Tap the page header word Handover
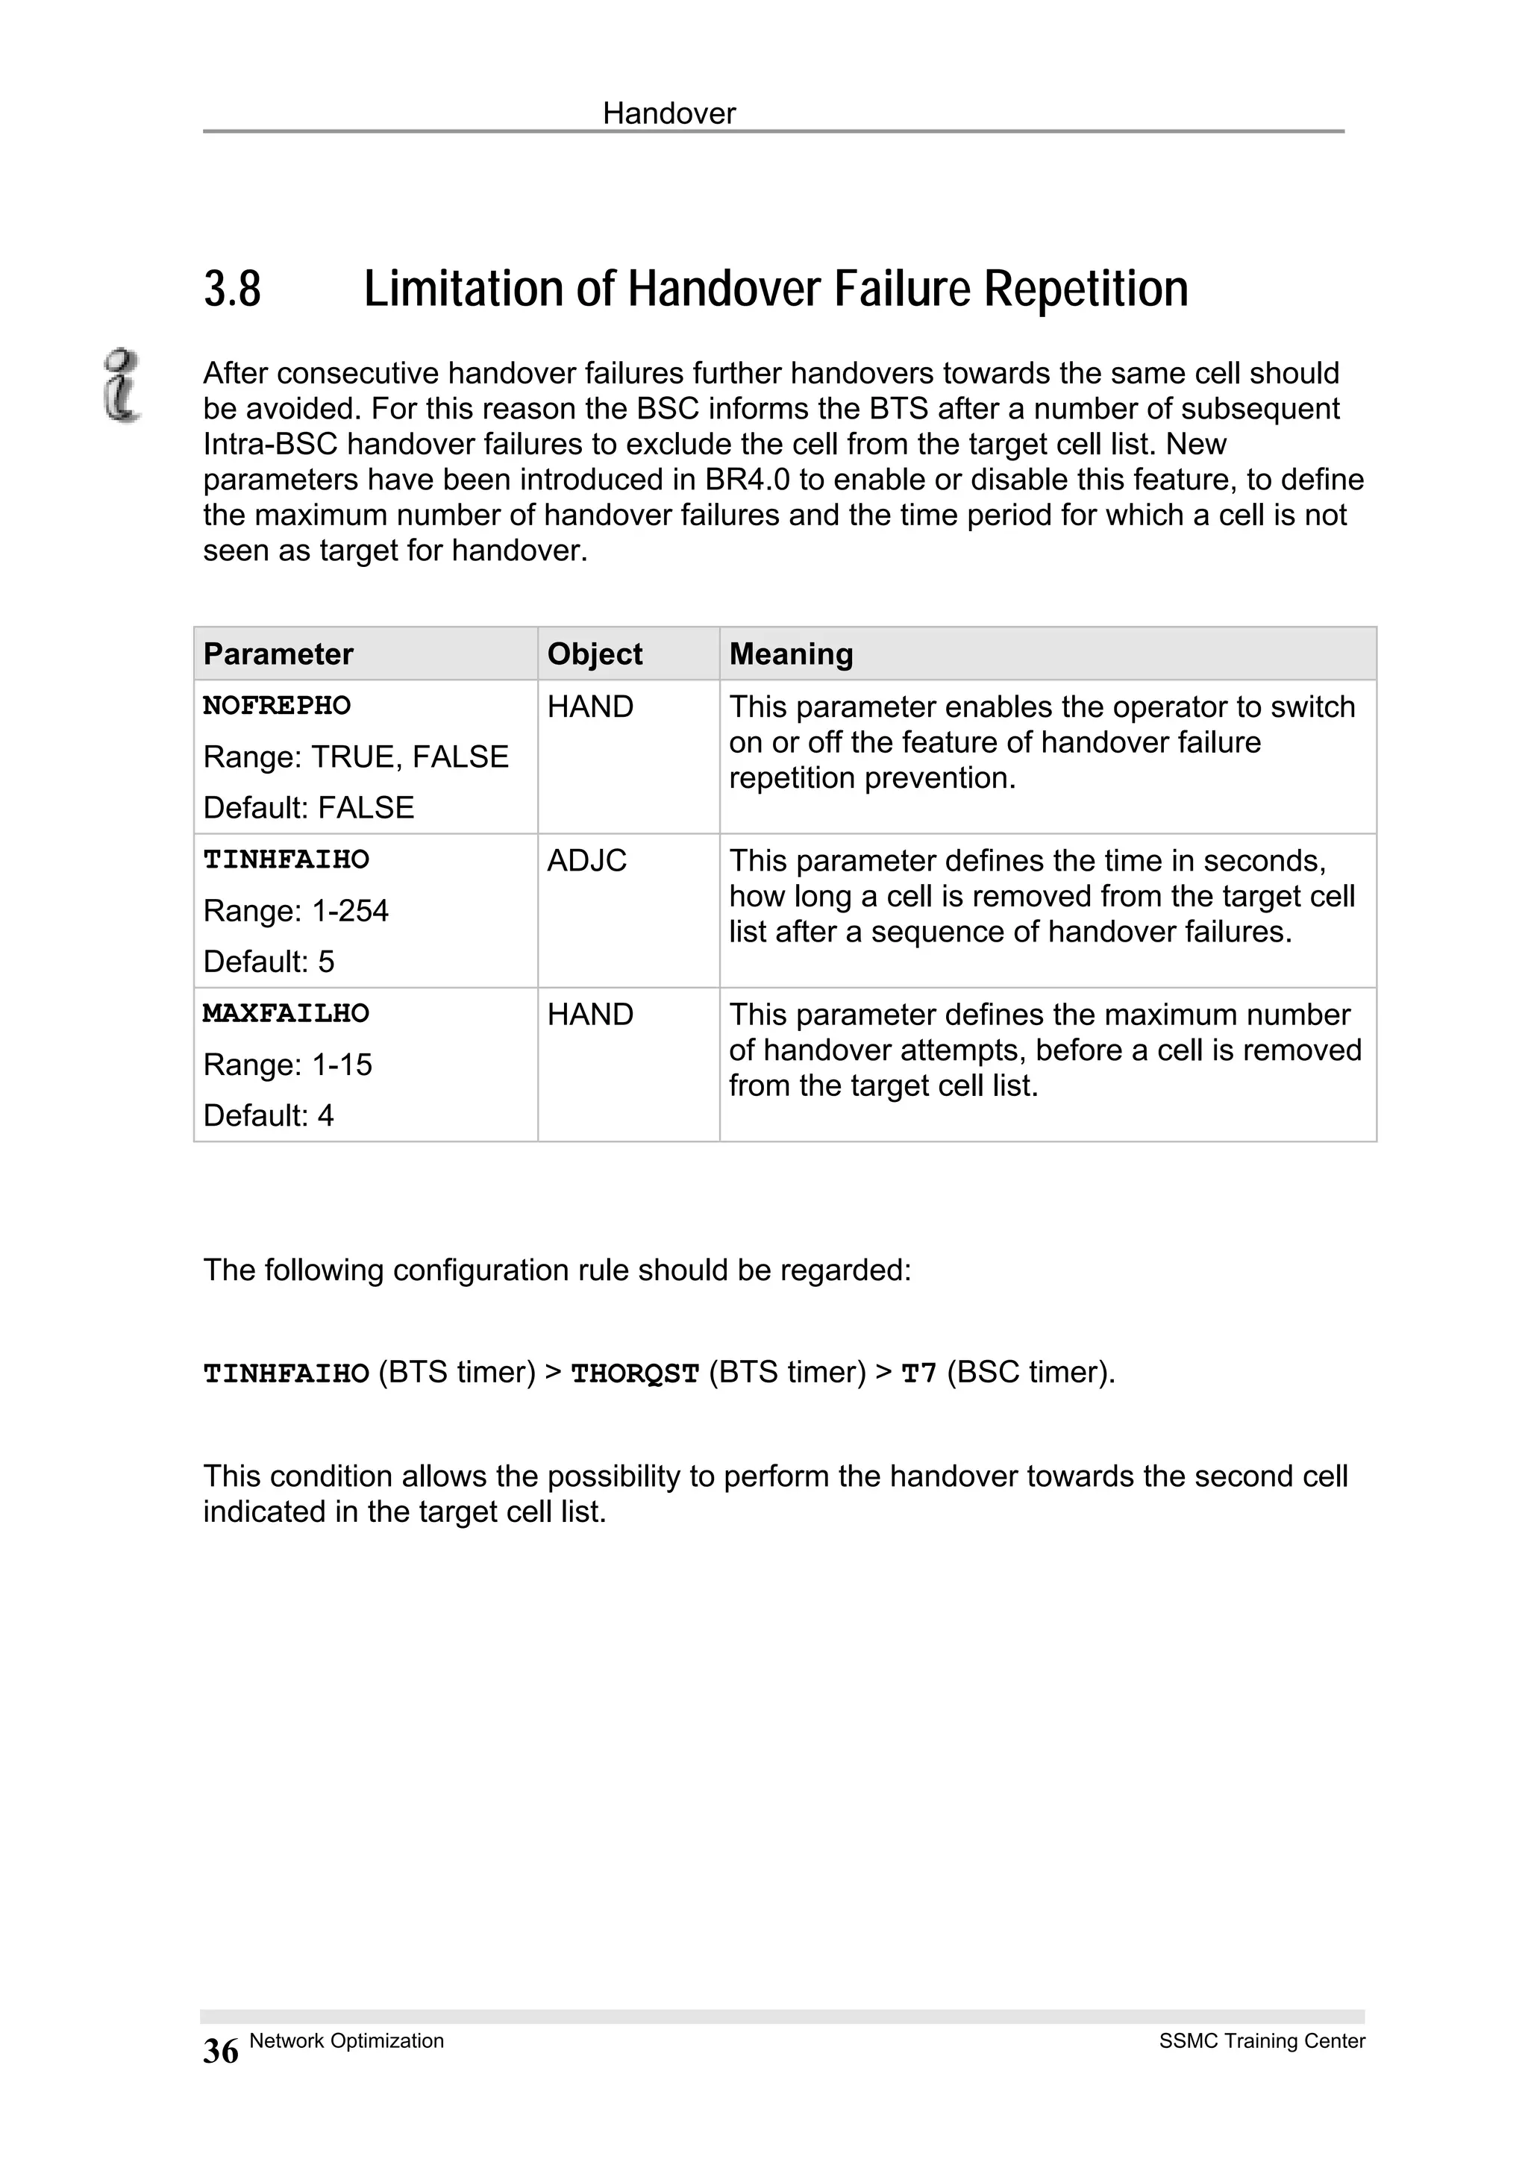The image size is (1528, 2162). point(668,114)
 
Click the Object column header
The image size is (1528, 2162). point(594,654)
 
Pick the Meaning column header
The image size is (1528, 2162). point(791,654)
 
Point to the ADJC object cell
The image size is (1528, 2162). point(586,861)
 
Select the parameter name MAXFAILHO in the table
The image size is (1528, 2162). point(286,1013)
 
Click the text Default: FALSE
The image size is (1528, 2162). point(309,808)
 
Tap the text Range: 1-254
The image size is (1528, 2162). point(295,912)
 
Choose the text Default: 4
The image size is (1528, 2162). point(269,1116)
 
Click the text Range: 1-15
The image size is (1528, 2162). point(287,1065)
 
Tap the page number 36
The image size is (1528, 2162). point(220,2051)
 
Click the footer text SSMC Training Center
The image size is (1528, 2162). point(1262,2040)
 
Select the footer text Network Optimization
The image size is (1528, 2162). point(346,2040)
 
